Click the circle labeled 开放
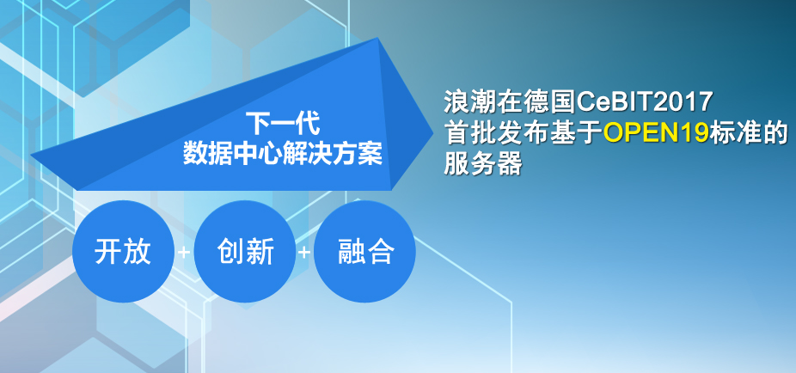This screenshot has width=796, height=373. click(x=124, y=251)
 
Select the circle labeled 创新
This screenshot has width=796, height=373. click(x=245, y=251)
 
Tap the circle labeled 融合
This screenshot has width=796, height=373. click(x=365, y=251)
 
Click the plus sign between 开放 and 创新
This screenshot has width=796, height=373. click(x=184, y=252)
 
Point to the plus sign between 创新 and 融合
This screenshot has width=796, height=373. click(x=304, y=252)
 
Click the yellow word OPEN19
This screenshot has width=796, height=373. click(x=657, y=132)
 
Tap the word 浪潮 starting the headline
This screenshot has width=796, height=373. click(x=466, y=102)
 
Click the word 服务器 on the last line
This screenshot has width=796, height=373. click(x=483, y=163)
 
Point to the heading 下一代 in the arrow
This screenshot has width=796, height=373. click(x=283, y=123)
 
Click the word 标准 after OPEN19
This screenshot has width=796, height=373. click(x=732, y=132)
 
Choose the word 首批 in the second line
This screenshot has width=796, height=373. click(x=466, y=132)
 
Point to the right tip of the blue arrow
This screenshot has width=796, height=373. click(x=433, y=134)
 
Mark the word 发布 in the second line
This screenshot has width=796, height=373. click(x=510, y=132)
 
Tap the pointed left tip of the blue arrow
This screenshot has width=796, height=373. click(x=32, y=155)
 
